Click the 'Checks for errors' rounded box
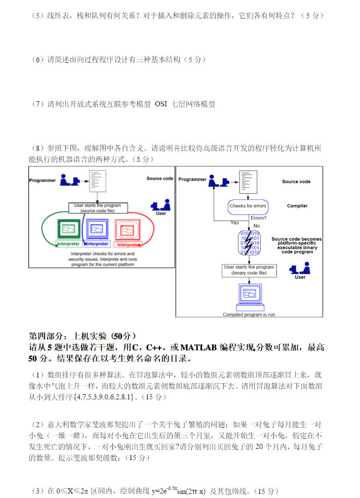[x=248, y=206]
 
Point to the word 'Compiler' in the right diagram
[x=297, y=206]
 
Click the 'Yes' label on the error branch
[x=234, y=223]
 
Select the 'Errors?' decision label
[x=259, y=218]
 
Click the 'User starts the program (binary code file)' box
[x=249, y=270]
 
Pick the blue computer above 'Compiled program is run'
[x=249, y=297]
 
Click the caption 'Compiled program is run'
[x=249, y=314]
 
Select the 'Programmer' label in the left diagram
[x=42, y=180]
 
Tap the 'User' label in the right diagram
[x=300, y=277]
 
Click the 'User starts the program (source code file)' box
[x=98, y=208]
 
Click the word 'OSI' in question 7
[x=161, y=104]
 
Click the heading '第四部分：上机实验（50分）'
[x=83, y=336]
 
